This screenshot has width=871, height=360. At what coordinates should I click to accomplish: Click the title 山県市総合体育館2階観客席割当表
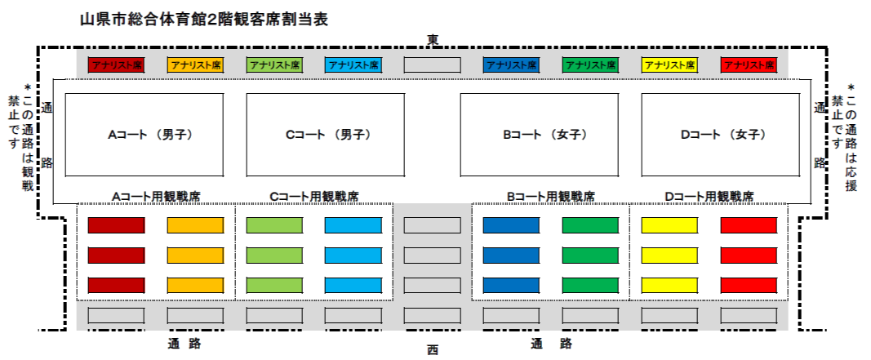(204, 20)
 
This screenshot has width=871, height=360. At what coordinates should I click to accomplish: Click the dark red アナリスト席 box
(116, 65)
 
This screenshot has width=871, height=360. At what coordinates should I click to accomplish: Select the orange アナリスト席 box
(195, 65)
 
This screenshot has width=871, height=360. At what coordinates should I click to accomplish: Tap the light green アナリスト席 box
(274, 65)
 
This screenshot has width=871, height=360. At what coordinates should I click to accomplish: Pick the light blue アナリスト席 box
(353, 65)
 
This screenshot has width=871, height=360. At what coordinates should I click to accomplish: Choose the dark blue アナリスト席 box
(511, 65)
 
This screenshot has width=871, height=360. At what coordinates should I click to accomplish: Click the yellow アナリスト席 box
(669, 65)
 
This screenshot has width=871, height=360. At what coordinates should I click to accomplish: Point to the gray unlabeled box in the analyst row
(432, 65)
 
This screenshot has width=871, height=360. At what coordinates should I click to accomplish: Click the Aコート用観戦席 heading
(156, 196)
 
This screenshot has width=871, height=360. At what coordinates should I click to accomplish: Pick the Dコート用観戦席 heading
(709, 196)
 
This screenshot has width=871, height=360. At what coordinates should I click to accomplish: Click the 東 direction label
(433, 39)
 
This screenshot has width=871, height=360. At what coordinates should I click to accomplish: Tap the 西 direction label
(433, 350)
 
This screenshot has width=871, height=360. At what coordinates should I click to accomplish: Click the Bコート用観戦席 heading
(551, 196)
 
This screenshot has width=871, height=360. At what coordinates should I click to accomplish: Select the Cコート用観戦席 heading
(313, 196)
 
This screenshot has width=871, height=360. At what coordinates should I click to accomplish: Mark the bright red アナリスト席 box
(749, 65)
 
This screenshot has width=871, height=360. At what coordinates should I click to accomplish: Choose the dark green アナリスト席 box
(590, 65)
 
